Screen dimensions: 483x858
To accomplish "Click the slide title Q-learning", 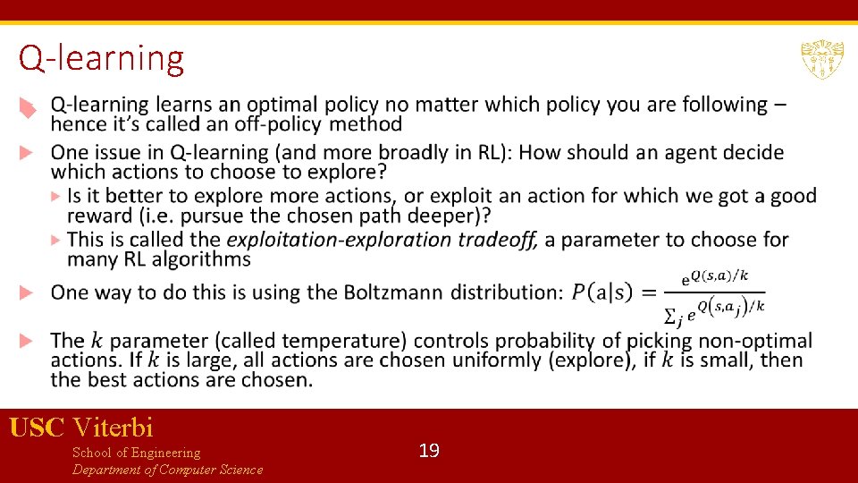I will tap(101, 59).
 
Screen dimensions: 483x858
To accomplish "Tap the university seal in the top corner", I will tap(821, 60).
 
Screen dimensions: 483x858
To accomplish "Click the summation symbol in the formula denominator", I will tap(670, 314).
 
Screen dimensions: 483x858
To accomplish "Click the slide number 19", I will tap(429, 451).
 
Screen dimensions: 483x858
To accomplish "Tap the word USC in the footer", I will tap(37, 428).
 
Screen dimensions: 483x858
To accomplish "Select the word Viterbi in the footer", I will tap(113, 428).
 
